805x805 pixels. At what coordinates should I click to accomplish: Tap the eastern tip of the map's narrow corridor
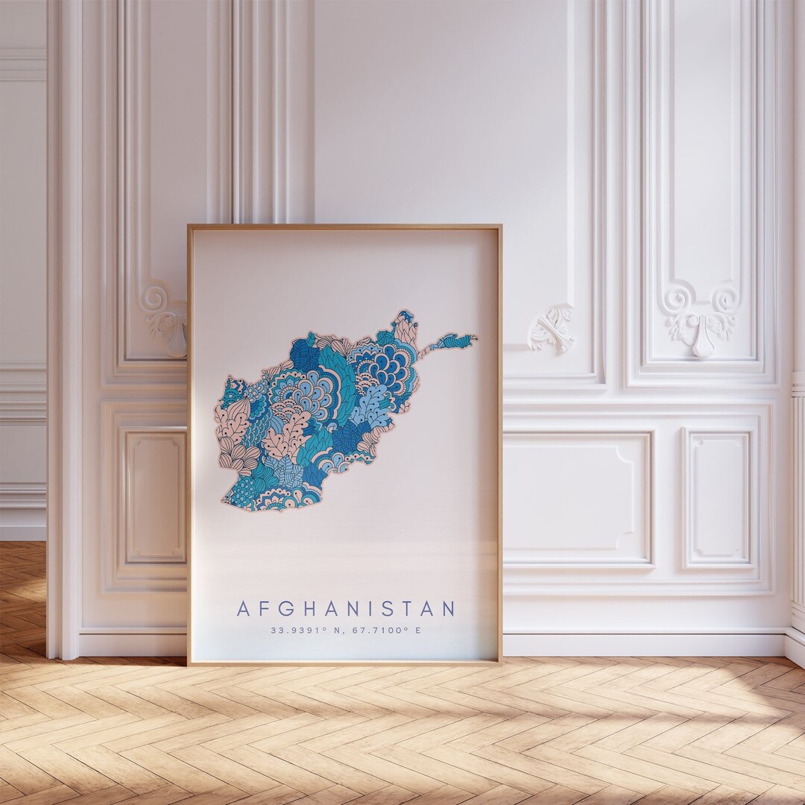coord(475,337)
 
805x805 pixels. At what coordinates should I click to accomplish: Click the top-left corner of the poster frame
coord(189,227)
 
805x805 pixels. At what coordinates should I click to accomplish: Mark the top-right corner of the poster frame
coord(500,227)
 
